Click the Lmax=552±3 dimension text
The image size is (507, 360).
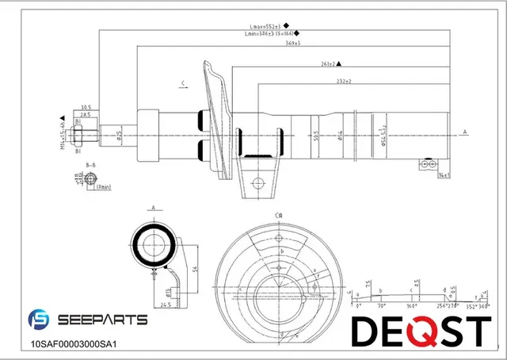point(265,26)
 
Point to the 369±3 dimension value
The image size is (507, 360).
point(293,43)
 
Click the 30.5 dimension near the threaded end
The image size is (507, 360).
point(86,108)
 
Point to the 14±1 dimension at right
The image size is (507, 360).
point(444,174)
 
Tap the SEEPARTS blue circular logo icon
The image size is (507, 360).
point(39,320)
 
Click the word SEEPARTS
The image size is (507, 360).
point(102,320)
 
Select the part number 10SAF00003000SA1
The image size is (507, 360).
point(73,344)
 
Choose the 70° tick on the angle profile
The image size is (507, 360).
point(380,304)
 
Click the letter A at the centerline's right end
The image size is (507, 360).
point(465,132)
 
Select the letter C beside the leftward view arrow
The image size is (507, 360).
point(182,82)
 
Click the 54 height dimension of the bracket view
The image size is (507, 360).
point(195,270)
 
